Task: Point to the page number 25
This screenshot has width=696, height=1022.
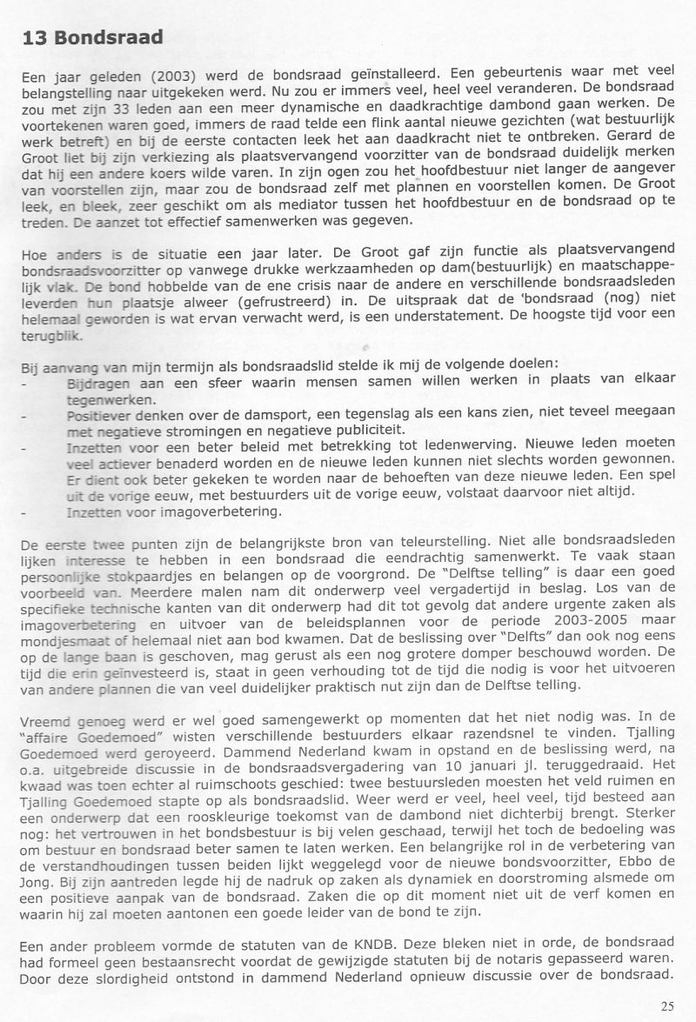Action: point(666,1006)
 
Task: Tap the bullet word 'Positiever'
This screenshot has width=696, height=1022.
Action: point(98,416)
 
